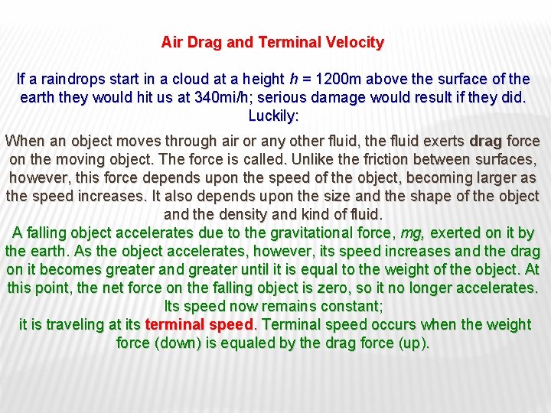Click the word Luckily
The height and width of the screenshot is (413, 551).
[274, 116]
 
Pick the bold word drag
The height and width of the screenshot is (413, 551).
[485, 141]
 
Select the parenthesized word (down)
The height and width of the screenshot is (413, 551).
[178, 343]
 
